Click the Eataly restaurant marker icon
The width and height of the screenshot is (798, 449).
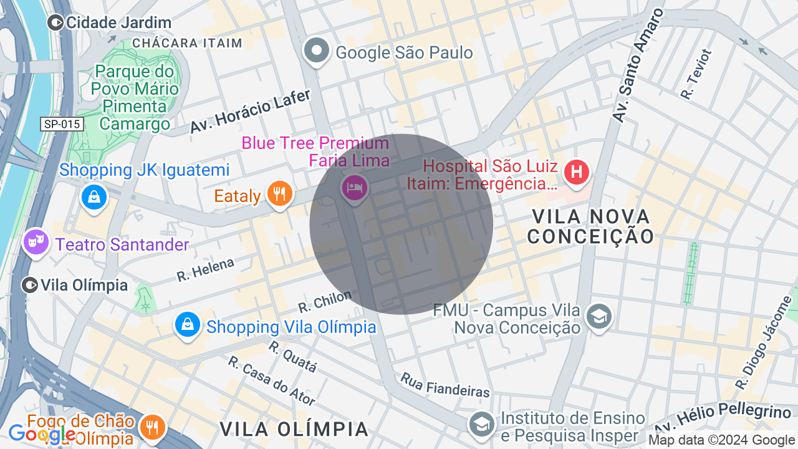(280, 193)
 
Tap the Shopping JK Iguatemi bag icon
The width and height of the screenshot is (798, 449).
(94, 198)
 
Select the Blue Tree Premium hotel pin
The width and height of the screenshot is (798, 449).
(354, 187)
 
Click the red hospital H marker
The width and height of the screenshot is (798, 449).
(577, 171)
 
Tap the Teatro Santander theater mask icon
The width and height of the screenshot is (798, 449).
(36, 241)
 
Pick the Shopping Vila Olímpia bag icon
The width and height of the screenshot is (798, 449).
(187, 324)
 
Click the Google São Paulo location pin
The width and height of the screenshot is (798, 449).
(317, 51)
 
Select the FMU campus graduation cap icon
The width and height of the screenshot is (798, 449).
(599, 316)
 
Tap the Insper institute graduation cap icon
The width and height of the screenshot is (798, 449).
(482, 425)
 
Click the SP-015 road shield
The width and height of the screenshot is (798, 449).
(62, 124)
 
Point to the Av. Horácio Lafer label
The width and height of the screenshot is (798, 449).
(250, 111)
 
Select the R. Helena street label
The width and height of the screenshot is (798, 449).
(205, 270)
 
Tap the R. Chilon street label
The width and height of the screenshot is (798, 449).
(325, 301)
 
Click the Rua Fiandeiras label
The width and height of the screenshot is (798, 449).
(445, 385)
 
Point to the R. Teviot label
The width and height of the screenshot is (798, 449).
(696, 75)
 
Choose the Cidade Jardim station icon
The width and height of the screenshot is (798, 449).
(55, 23)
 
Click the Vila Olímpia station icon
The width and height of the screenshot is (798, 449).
(30, 286)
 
